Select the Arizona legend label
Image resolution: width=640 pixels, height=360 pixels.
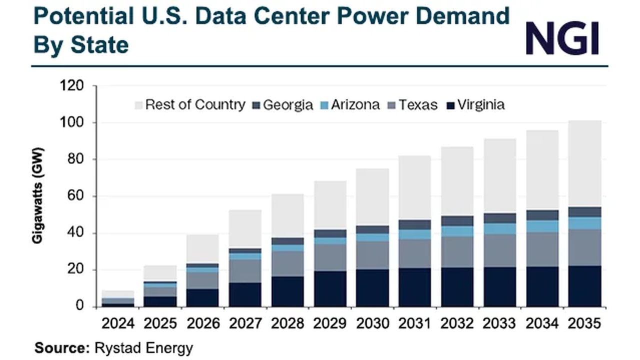pos(355,105)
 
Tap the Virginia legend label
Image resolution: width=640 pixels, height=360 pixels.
pos(481,105)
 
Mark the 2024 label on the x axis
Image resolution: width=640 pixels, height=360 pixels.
pos(118,323)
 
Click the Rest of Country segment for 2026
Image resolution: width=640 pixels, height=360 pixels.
pos(202,249)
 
